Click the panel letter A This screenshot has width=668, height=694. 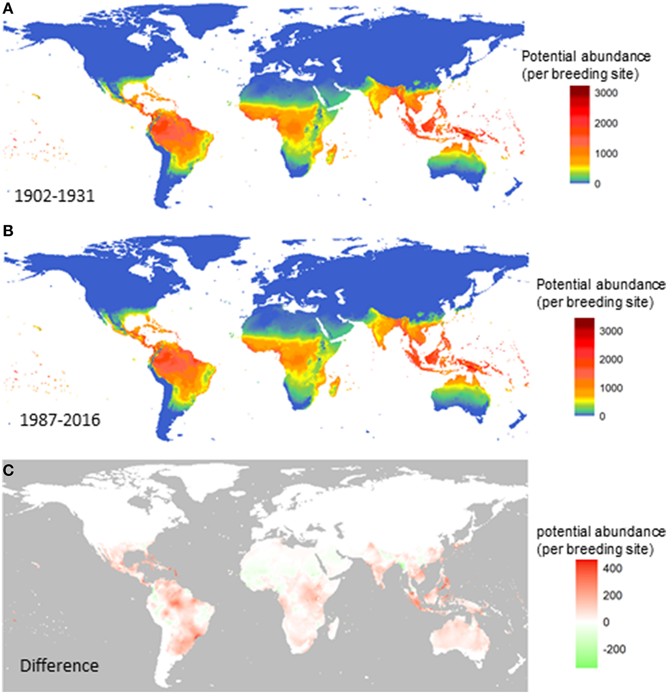coord(8,8)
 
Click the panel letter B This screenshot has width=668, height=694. coord(8,231)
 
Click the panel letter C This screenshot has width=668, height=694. coord(8,470)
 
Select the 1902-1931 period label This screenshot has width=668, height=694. coord(55,196)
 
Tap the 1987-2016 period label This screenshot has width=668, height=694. coord(60,420)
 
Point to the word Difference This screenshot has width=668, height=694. coord(59,666)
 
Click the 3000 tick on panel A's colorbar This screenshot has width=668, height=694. coord(606,93)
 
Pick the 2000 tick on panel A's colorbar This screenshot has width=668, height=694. coord(606,124)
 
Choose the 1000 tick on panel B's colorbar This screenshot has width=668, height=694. coord(611,388)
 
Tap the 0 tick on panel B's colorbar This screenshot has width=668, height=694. coord(602,416)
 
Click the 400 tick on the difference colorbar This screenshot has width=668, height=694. coord(612,569)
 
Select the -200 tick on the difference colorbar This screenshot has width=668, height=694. coord(614,649)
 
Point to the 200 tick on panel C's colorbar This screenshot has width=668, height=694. coord(612,595)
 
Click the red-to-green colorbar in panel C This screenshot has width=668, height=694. coord(586,613)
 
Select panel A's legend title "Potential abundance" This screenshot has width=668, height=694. coord(586,57)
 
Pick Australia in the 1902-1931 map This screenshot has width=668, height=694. coord(457,163)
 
